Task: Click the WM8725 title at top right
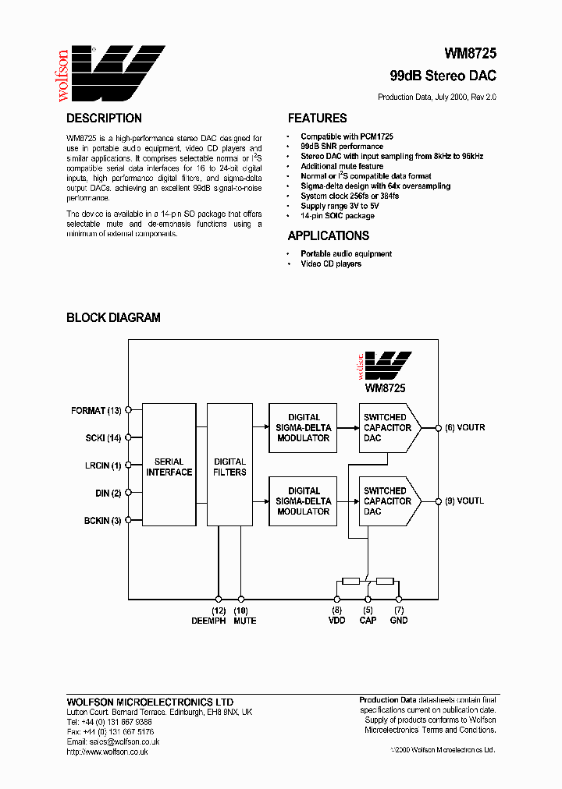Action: click(x=470, y=54)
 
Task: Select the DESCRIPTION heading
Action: click(x=104, y=119)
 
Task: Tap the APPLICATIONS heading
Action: click(x=328, y=235)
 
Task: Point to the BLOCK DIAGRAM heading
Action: click(x=113, y=317)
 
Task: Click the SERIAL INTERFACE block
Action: click(x=169, y=466)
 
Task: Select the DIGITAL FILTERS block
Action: click(x=229, y=466)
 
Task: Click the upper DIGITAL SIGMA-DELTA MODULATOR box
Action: click(x=304, y=427)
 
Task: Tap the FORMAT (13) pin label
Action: click(x=95, y=410)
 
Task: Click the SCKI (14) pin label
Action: click(x=103, y=438)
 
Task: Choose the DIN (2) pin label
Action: click(x=108, y=493)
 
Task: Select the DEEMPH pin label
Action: click(x=208, y=621)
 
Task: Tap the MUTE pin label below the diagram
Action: click(x=244, y=621)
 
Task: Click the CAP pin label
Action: click(x=368, y=621)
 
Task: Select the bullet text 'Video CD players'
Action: click(x=331, y=264)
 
